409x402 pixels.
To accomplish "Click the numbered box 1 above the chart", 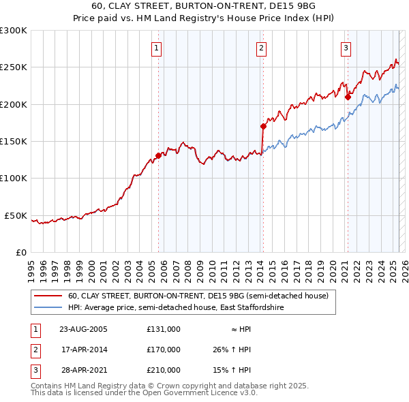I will [157, 48].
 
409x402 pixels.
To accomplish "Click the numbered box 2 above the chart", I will [262, 48].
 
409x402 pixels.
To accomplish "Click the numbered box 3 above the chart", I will [346, 48].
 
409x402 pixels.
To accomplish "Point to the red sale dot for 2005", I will [158, 155].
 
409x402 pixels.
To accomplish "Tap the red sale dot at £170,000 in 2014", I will [263, 126].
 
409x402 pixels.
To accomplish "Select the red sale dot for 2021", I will [348, 97].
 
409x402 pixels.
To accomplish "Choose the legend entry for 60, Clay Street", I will [198, 296].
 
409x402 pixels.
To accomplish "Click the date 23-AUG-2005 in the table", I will [83, 328].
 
